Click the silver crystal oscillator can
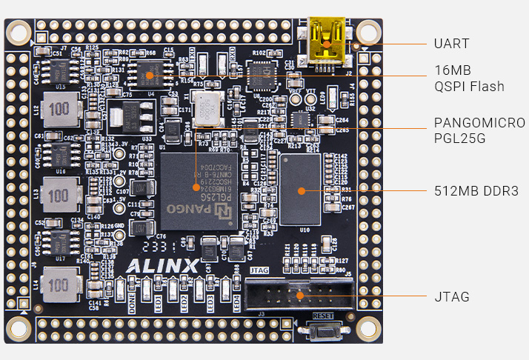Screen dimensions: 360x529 pyautogui.click(x=210, y=108)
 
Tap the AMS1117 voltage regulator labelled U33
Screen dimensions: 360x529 pyautogui.click(x=125, y=117)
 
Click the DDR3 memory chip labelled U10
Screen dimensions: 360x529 pyautogui.click(x=301, y=190)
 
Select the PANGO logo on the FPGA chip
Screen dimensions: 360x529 pyautogui.click(x=188, y=209)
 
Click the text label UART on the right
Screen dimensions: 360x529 pyautogui.click(x=451, y=43)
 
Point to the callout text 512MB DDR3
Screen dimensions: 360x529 pyautogui.click(x=470, y=191)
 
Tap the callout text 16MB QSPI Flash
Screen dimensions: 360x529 pyautogui.click(x=468, y=79)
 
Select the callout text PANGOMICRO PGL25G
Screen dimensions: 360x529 pyautogui.click(x=479, y=130)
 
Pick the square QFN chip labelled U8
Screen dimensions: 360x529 pyautogui.click(x=262, y=76)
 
